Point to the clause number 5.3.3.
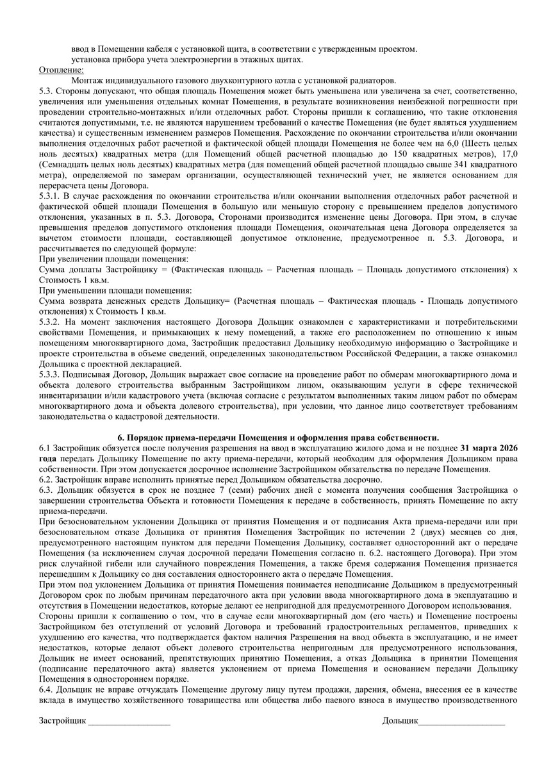tap(50, 373)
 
